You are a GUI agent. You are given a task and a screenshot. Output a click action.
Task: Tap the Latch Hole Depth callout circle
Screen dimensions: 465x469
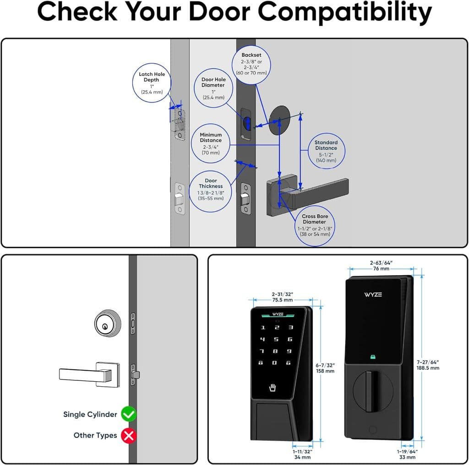152,83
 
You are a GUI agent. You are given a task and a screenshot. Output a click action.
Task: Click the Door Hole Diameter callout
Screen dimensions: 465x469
213,88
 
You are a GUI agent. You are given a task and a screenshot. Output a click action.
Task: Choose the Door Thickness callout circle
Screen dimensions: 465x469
211,189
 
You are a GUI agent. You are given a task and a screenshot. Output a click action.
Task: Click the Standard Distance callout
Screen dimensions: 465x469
326,151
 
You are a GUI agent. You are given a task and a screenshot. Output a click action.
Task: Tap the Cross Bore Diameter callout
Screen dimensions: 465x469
315,225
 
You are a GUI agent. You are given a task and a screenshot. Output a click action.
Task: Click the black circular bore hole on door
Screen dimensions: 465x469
280,120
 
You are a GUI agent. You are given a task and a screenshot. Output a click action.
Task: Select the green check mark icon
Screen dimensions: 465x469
129,414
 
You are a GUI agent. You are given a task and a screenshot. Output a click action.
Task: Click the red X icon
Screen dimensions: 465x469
129,435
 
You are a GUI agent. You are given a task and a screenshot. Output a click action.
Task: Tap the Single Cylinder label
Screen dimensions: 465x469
90,414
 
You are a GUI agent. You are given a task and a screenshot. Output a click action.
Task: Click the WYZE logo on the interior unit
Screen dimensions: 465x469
373,294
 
